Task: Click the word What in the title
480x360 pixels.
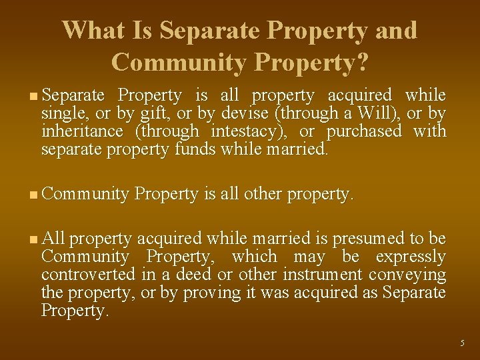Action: pyautogui.click(x=88, y=31)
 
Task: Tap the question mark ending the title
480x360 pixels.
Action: pyautogui.click(x=363, y=62)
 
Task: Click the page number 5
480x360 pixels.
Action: pyautogui.click(x=462, y=343)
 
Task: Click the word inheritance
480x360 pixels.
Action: pyautogui.click(x=82, y=131)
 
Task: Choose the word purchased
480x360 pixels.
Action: pyautogui.click(x=364, y=131)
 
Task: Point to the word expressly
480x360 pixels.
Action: pyautogui.click(x=411, y=257)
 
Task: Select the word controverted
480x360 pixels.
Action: pyautogui.click(x=89, y=275)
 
